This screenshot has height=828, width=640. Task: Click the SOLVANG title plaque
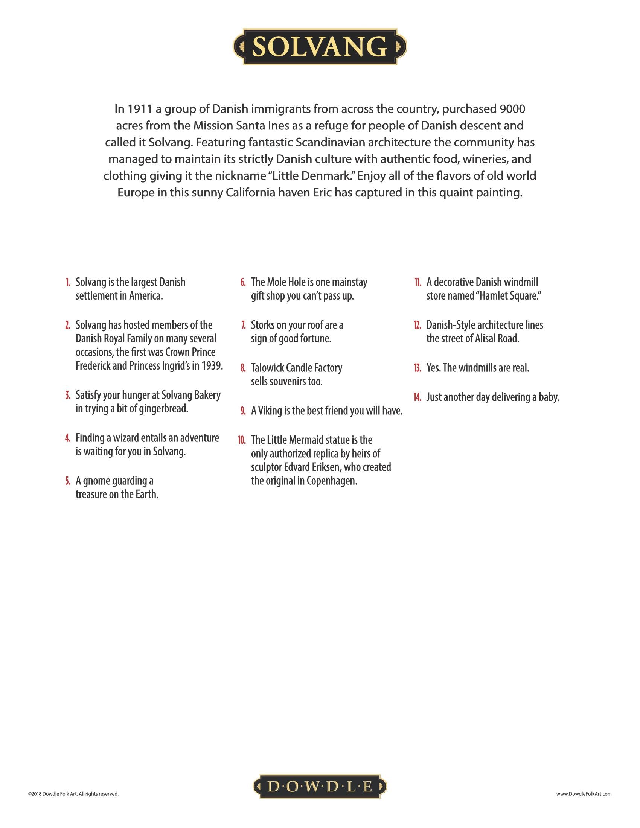[320, 47]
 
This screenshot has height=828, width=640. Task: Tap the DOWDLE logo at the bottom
[320, 787]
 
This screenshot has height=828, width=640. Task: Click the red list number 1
[68, 282]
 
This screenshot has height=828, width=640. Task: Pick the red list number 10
[242, 440]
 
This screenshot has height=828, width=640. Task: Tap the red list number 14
[418, 397]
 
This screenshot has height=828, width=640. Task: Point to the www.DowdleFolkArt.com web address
[584, 793]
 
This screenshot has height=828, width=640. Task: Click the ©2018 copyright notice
[73, 793]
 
